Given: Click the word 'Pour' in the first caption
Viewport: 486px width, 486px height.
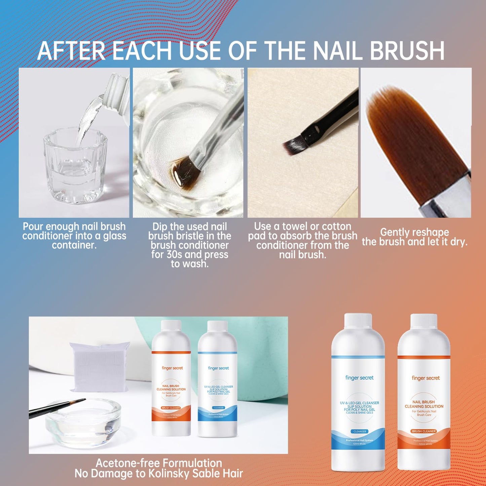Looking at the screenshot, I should point(33,226).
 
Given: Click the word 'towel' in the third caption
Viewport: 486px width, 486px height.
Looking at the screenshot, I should point(296,226).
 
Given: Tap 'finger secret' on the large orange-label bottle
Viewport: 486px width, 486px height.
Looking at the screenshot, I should point(425,378).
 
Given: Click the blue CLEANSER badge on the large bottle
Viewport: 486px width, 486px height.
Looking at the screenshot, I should point(360,431).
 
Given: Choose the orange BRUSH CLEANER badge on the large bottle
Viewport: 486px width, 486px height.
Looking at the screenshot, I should point(424,431).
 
